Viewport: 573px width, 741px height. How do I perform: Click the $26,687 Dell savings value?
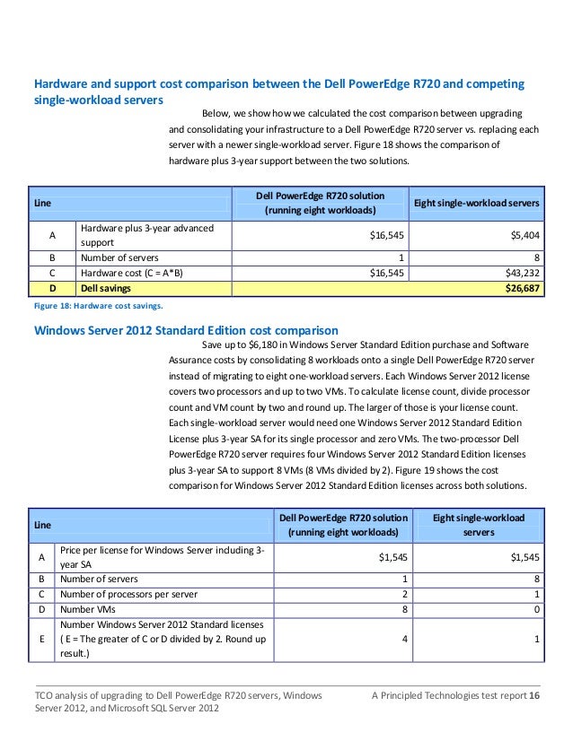[x=520, y=289]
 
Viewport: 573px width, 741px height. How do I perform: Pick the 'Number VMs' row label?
[x=88, y=609]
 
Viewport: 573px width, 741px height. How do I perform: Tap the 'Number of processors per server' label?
[x=129, y=593]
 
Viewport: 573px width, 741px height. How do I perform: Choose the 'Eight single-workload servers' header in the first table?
[x=476, y=204]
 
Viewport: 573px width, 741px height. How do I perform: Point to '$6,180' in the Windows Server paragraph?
[x=265, y=345]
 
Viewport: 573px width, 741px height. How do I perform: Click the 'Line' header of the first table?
[x=42, y=204]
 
